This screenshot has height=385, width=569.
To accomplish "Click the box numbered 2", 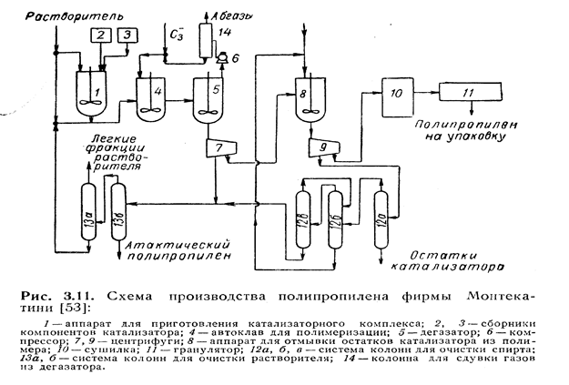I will (x=103, y=35).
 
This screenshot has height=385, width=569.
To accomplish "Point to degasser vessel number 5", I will (x=207, y=93).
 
